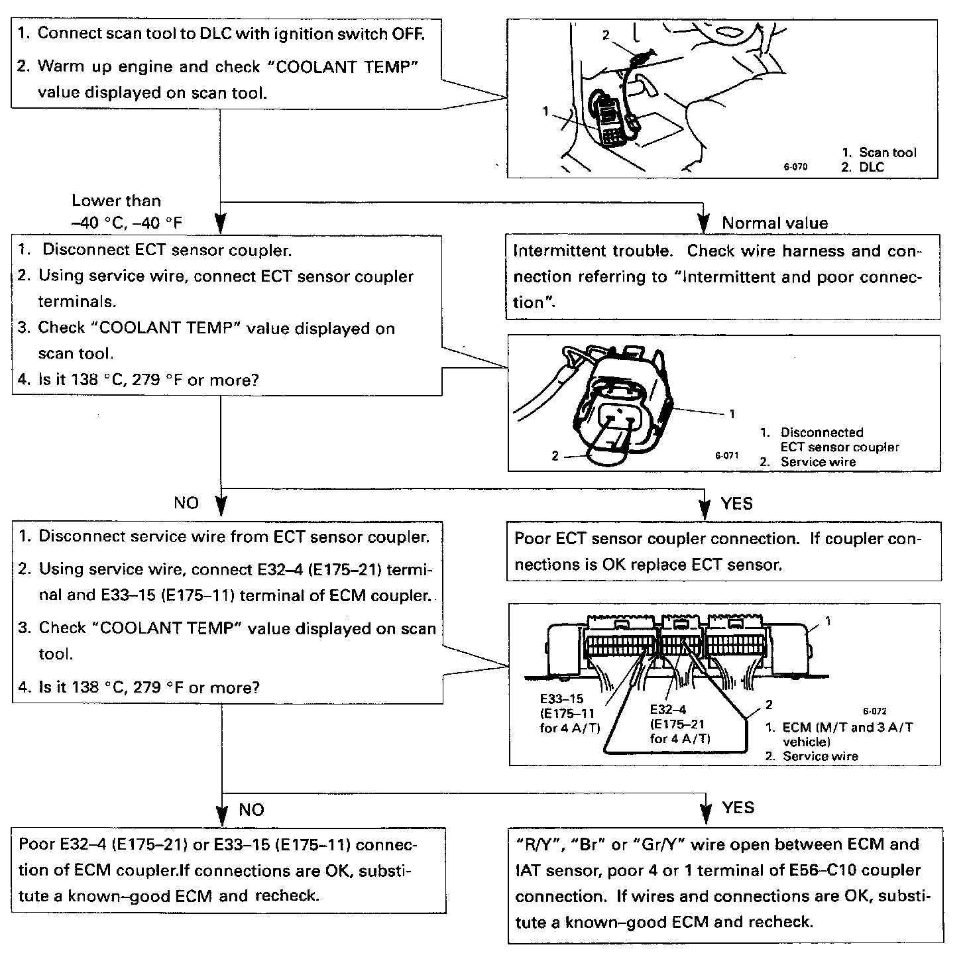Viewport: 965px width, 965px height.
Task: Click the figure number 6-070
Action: click(x=795, y=167)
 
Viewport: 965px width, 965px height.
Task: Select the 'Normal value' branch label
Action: click(x=775, y=223)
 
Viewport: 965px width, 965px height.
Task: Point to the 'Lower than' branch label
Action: click(x=116, y=200)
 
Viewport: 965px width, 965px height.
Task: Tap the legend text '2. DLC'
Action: click(x=863, y=167)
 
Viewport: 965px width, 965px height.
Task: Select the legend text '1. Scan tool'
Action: click(x=879, y=152)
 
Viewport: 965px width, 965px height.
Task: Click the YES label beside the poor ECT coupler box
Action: click(x=737, y=504)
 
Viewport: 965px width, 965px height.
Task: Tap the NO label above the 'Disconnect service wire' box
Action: click(x=186, y=503)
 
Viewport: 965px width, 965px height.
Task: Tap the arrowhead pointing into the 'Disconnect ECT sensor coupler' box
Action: click(x=221, y=221)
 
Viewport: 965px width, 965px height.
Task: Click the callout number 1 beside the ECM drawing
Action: click(x=828, y=621)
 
